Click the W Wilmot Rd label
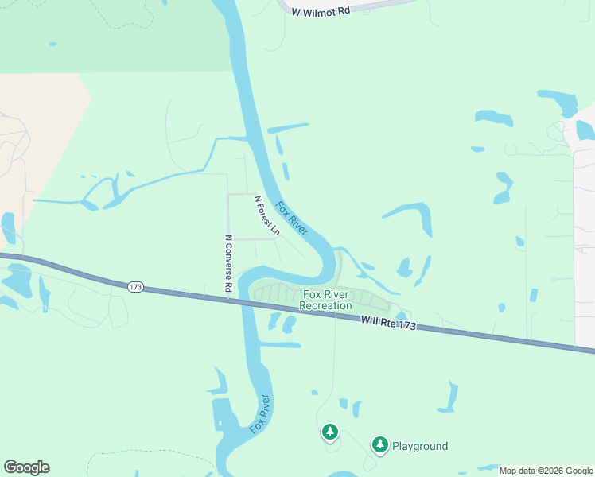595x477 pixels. (321, 12)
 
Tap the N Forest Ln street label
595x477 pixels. (266, 215)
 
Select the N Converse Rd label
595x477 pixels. (228, 263)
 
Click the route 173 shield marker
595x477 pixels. (135, 286)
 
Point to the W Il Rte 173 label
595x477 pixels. (387, 322)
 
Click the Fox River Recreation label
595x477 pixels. (325, 300)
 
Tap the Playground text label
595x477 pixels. (420, 446)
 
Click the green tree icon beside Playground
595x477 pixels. (380, 444)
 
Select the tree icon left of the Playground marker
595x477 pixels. (329, 432)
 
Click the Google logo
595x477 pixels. (26, 467)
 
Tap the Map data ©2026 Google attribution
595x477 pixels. (546, 471)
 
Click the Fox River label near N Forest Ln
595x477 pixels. (292, 218)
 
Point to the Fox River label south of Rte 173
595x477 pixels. (260, 414)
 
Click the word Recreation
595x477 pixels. (325, 305)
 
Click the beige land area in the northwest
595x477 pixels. (32, 127)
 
